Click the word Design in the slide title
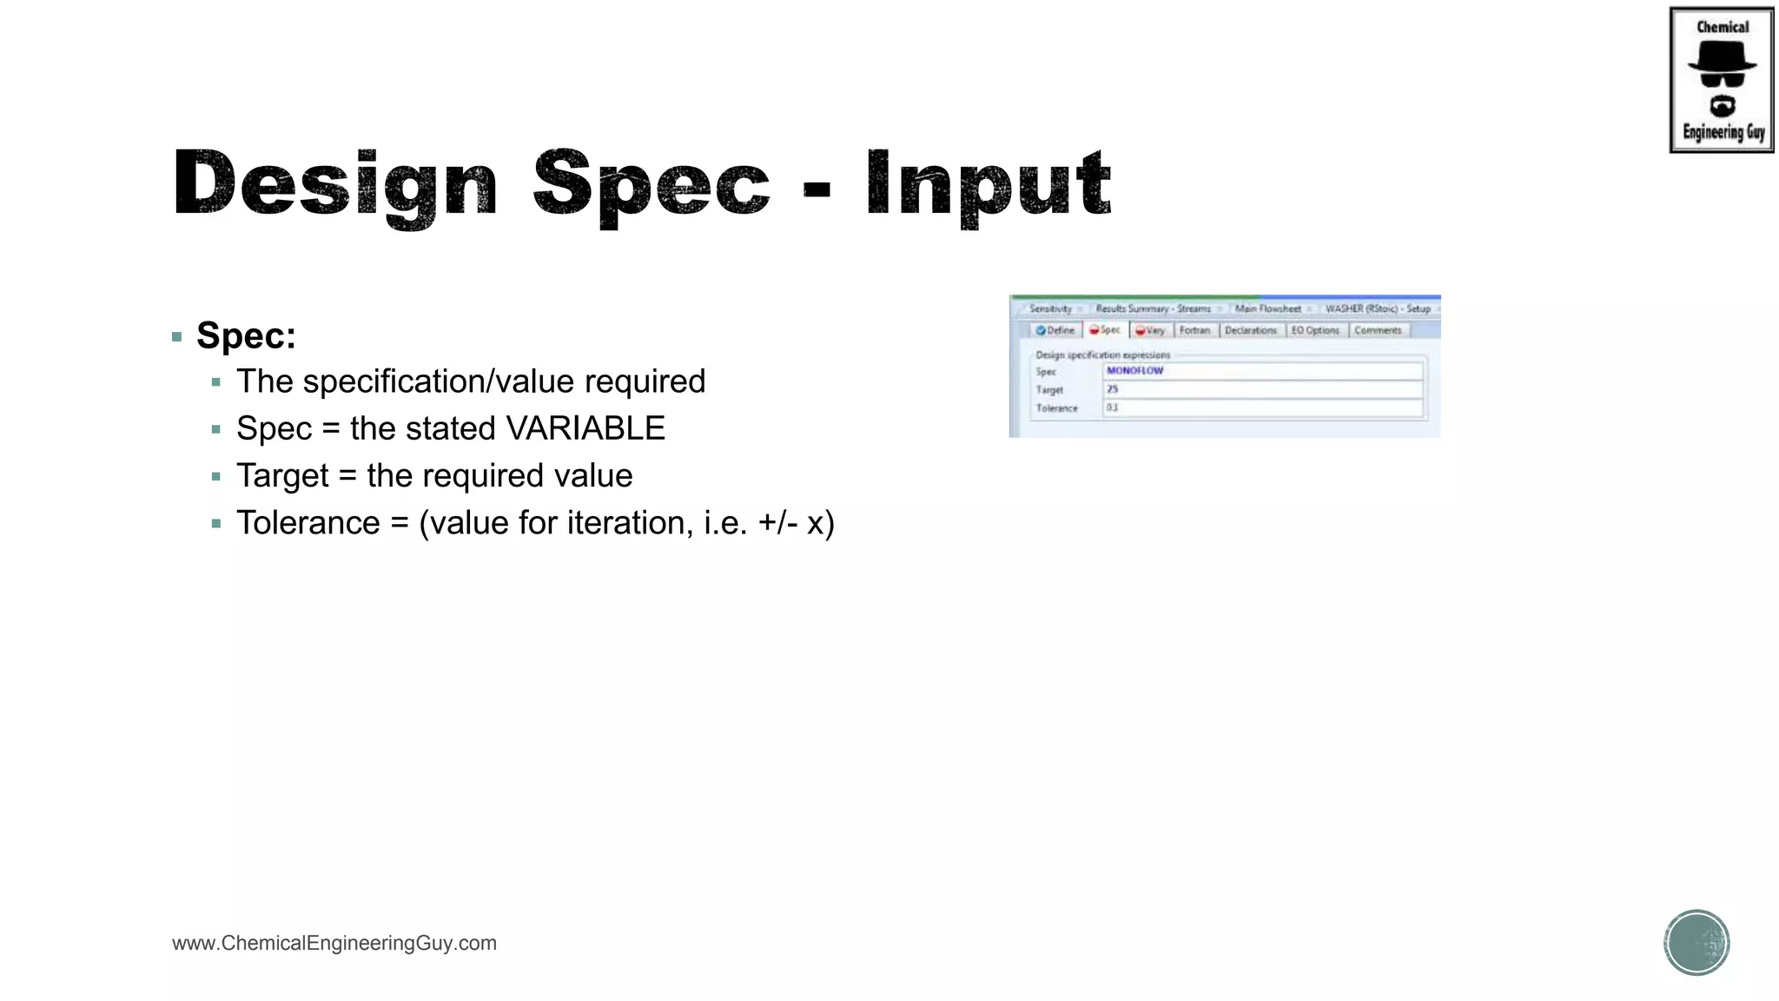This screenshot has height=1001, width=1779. point(335,184)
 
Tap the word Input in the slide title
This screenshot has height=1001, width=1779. point(989,184)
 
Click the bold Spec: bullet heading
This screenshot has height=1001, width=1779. point(246,336)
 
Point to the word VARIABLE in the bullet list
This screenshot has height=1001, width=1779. point(585,428)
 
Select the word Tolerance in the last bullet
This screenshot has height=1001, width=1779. point(308,523)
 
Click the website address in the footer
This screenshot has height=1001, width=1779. point(334,943)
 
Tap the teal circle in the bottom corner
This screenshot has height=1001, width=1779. point(1696,943)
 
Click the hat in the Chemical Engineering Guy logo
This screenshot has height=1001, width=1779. point(1722,58)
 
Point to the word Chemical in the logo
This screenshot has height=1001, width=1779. point(1723,27)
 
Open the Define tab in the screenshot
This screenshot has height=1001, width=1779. point(1056,330)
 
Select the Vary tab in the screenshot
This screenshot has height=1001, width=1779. point(1151,330)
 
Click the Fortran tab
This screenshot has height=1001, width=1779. point(1194,330)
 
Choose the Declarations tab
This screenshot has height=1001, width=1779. point(1250,330)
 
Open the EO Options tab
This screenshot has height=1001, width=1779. point(1314,330)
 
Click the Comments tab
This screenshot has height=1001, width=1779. point(1378,330)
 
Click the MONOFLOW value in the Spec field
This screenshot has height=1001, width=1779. point(1134,371)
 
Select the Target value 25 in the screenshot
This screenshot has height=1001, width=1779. point(1113,389)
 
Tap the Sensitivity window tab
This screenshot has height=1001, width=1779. point(1050,308)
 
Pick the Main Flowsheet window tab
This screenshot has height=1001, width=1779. point(1268,308)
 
